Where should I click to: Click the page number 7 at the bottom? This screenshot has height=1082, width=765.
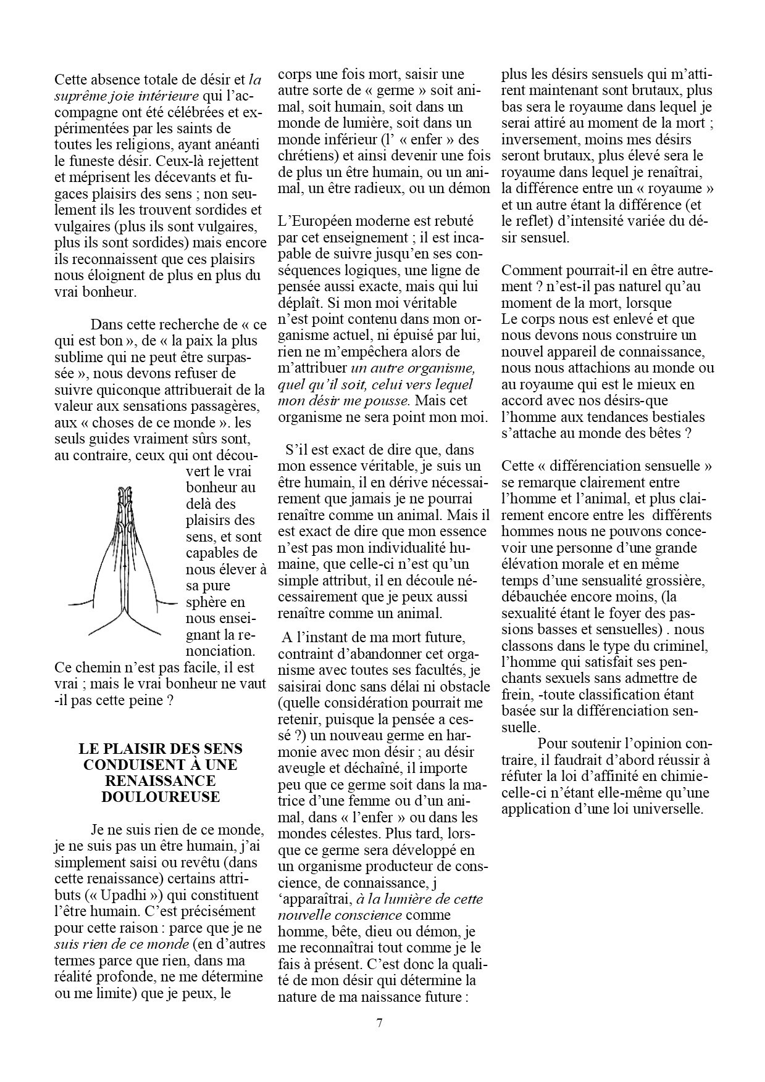pos(379,1023)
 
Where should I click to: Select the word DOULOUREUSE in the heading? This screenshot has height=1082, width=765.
pos(161,796)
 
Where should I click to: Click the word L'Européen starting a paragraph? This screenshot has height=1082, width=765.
pos(316,220)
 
